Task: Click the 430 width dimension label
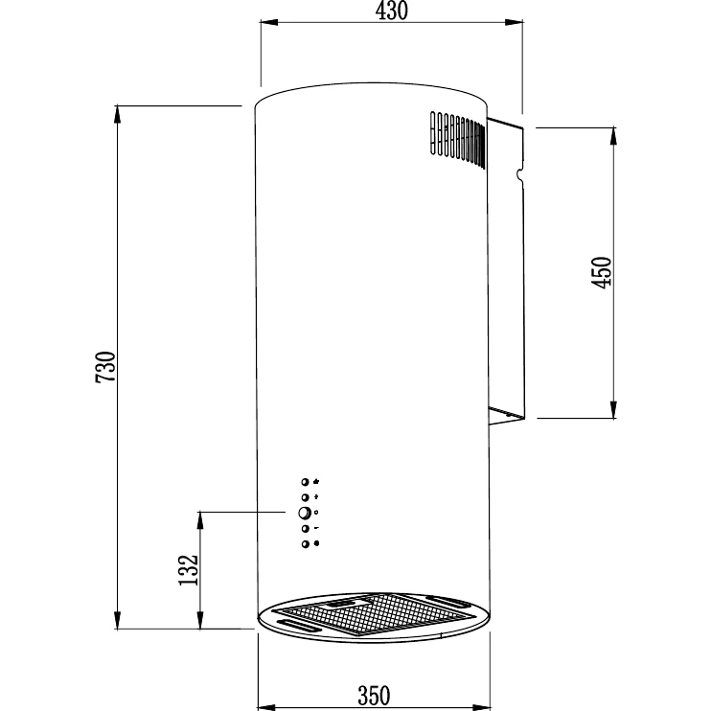392,11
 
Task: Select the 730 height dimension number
105,367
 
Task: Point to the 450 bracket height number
602,272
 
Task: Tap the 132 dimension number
188,570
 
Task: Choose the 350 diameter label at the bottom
374,696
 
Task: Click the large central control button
305,513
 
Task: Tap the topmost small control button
305,482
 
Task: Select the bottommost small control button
305,544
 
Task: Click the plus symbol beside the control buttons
316,497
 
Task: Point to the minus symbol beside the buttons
316,528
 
